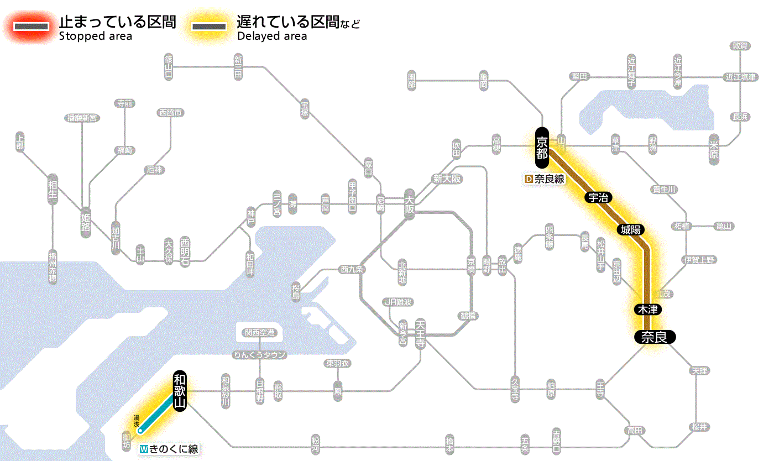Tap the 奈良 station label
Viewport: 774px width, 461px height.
655,337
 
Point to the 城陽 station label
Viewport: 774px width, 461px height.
630,229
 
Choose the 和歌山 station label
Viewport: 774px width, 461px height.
180,390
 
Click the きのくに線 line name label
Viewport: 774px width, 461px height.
169,449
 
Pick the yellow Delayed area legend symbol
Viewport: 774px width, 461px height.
208,27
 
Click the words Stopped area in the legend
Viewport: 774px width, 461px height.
95,36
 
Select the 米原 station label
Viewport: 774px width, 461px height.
715,148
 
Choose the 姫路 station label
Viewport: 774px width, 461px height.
86,222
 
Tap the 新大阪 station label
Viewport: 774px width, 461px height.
447,179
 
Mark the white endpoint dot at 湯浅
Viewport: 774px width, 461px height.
140,430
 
